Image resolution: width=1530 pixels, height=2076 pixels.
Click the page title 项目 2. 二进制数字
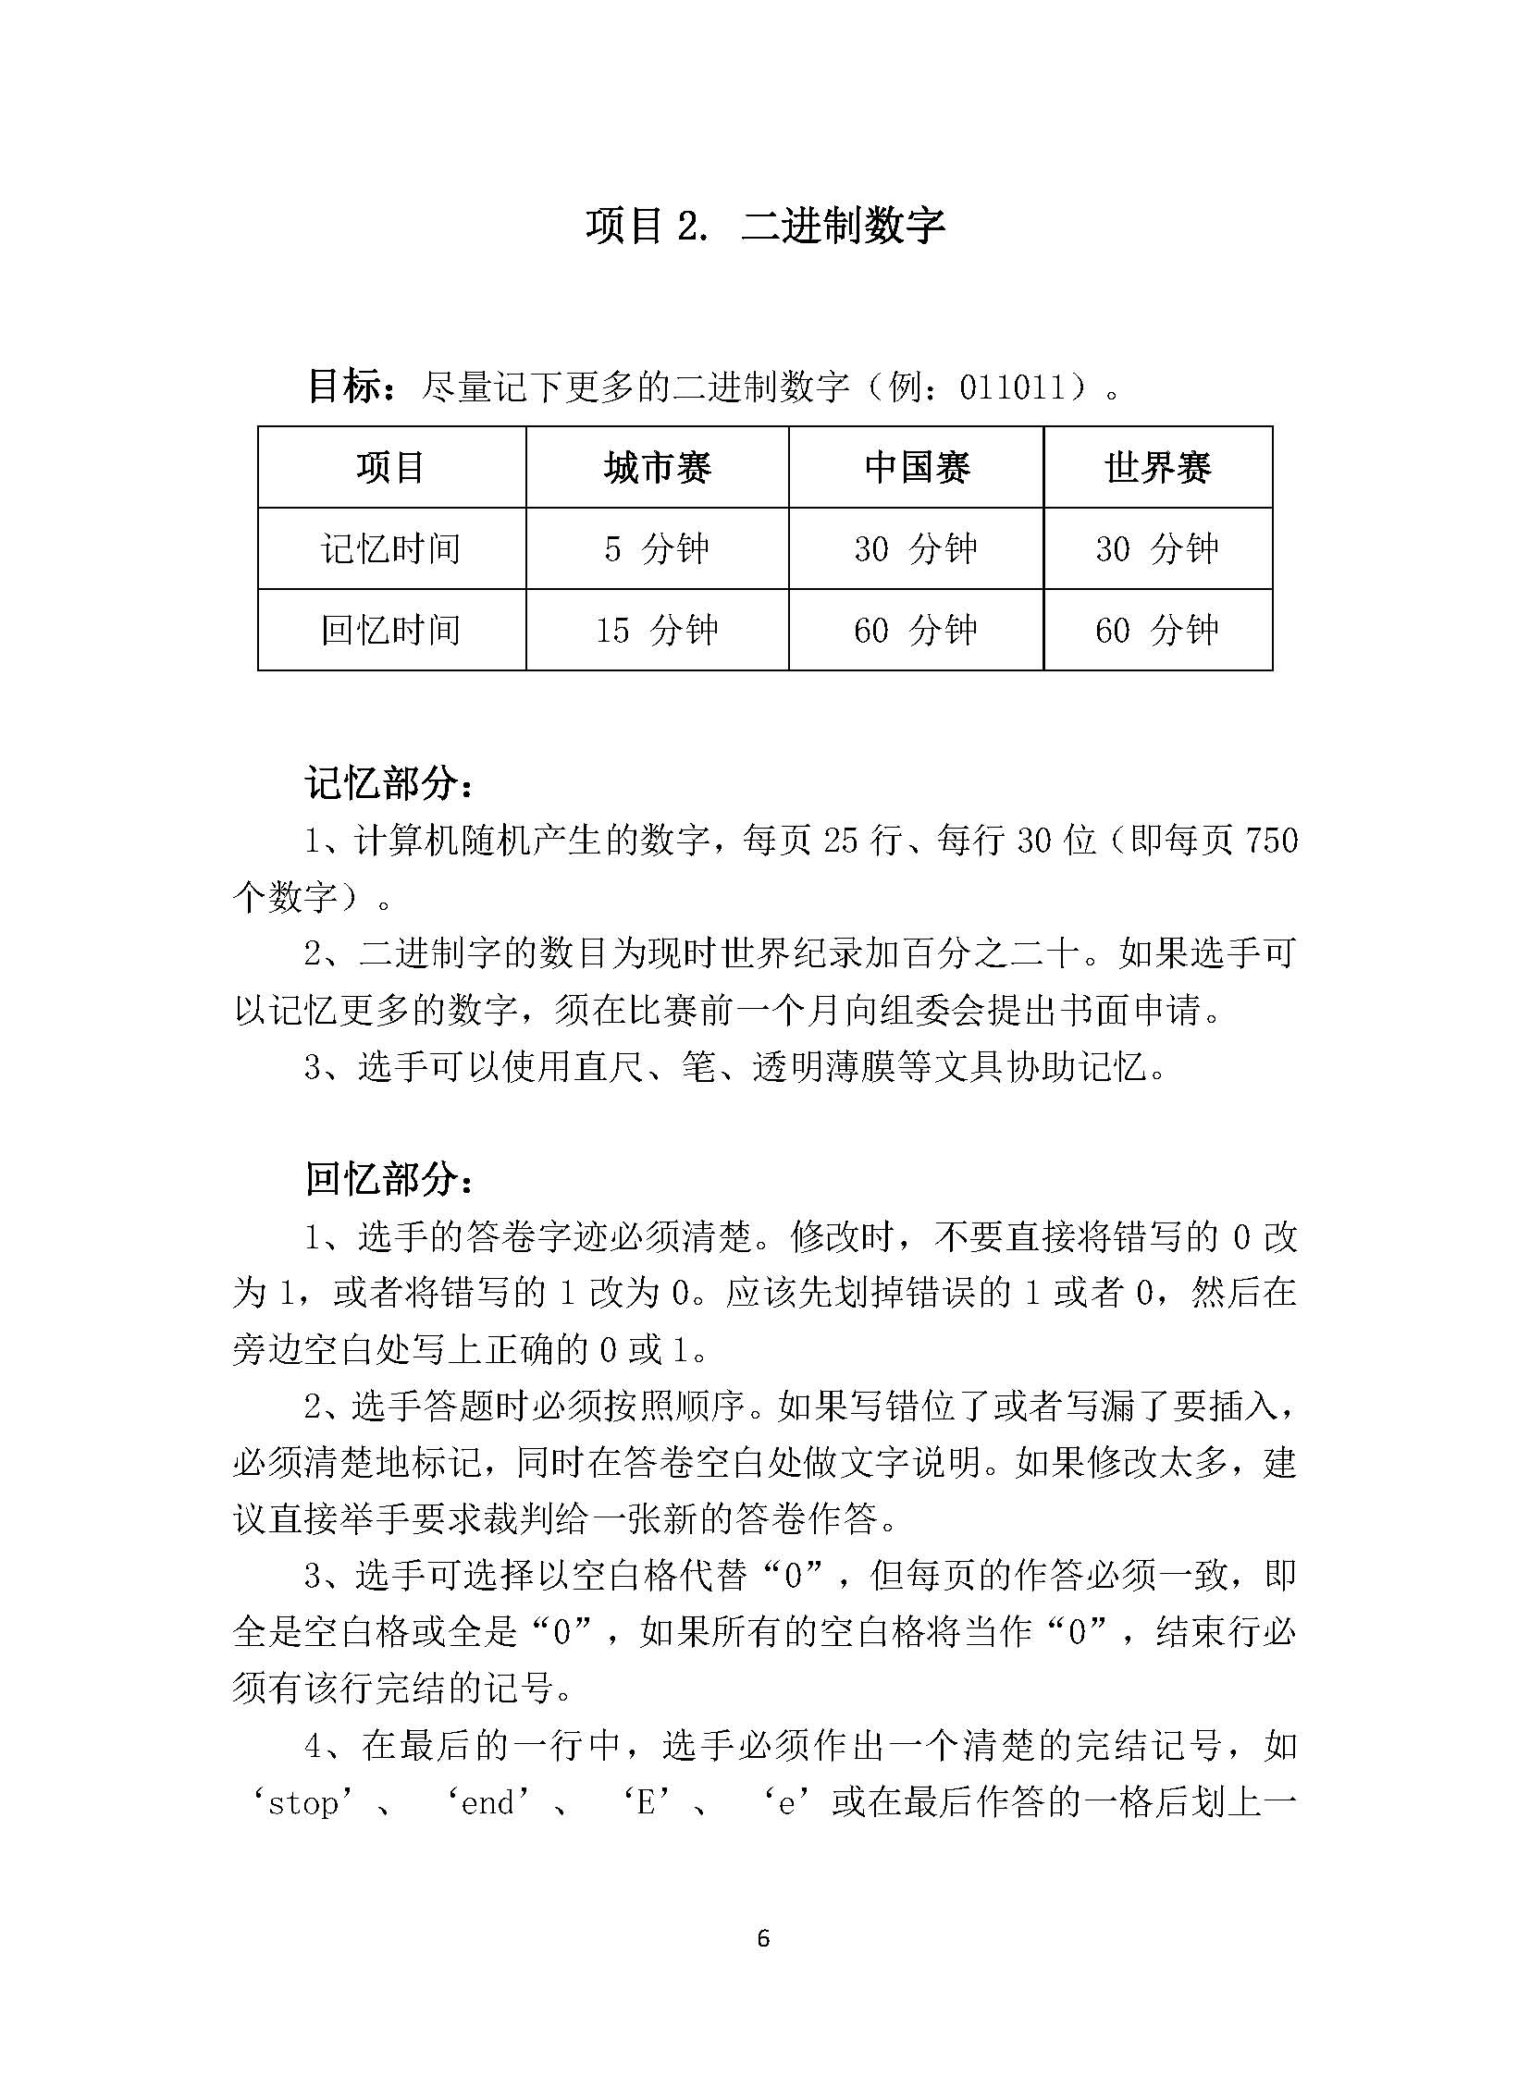click(764, 225)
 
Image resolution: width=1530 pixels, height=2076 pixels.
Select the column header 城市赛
click(658, 468)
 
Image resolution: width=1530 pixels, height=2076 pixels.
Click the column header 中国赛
click(917, 468)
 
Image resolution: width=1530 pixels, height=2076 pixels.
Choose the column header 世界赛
click(1158, 468)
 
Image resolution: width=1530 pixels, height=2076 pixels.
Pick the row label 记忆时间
click(391, 549)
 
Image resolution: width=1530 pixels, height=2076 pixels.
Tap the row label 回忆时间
click(391, 631)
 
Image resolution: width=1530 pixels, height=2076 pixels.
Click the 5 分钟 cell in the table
click(658, 549)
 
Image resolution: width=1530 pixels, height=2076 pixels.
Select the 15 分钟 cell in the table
click(658, 631)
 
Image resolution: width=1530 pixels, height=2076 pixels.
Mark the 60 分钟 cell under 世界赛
click(1158, 631)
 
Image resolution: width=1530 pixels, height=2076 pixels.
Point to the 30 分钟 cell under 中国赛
click(917, 549)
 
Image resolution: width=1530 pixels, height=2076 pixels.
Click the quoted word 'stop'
click(304, 1803)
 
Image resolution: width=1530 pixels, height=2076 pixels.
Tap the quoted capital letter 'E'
click(648, 1803)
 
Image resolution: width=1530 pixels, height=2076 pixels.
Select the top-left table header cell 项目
click(391, 468)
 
